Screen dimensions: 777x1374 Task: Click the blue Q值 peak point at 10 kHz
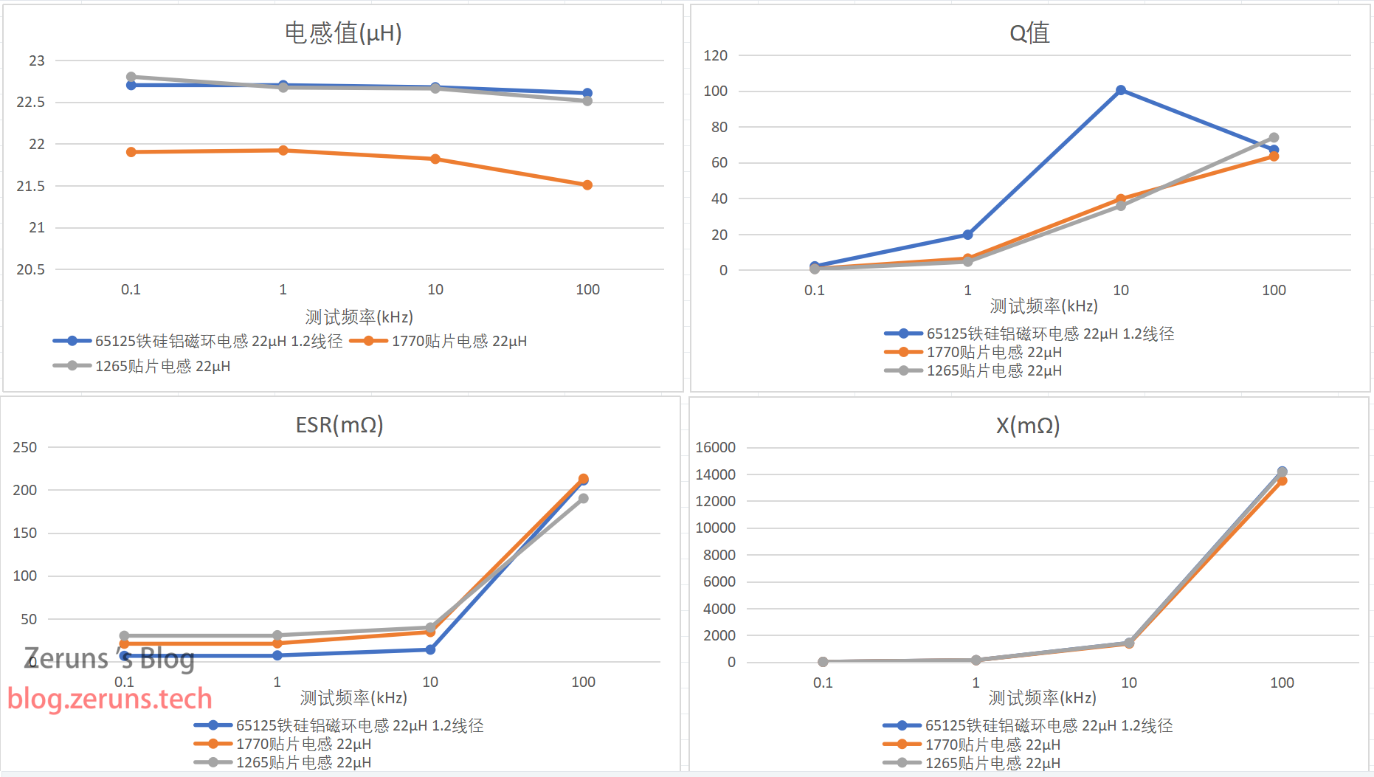pos(1120,90)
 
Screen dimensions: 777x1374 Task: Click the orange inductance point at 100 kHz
pos(587,185)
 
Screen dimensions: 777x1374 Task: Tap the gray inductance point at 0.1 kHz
pos(131,77)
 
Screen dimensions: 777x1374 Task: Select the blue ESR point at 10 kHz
pos(430,649)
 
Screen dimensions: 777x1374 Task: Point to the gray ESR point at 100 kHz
pos(583,499)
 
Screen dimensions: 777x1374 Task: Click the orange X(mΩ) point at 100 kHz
pos(1282,481)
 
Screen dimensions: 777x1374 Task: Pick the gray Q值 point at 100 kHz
pos(1274,138)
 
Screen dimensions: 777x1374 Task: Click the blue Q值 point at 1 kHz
pos(967,235)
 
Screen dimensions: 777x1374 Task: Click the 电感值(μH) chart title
pos(343,32)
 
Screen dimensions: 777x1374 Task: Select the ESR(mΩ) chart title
pos(339,425)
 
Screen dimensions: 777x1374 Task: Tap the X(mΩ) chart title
pos(1028,426)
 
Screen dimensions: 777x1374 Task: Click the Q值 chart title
pos(1029,32)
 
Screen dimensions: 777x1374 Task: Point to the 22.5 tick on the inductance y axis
pos(31,102)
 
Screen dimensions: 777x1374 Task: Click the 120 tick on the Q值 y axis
pos(715,55)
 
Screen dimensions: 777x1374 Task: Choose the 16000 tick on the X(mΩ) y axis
pos(715,447)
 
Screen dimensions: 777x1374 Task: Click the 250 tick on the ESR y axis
pos(25,447)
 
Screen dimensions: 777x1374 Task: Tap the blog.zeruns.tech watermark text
pos(110,699)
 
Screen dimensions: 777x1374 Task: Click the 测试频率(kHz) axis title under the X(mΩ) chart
pos(1042,698)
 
